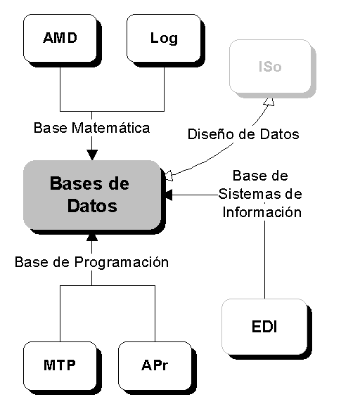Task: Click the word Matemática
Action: point(110,128)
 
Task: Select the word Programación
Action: point(122,262)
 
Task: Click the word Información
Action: point(262,212)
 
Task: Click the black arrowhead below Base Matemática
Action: point(92,155)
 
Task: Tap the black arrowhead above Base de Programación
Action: point(92,237)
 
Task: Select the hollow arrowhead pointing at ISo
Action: point(269,102)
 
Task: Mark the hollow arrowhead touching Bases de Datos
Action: point(169,176)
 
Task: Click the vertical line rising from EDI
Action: point(264,259)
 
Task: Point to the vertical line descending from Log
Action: point(165,89)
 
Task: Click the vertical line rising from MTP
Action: point(60,313)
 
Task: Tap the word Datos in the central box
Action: point(92,206)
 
